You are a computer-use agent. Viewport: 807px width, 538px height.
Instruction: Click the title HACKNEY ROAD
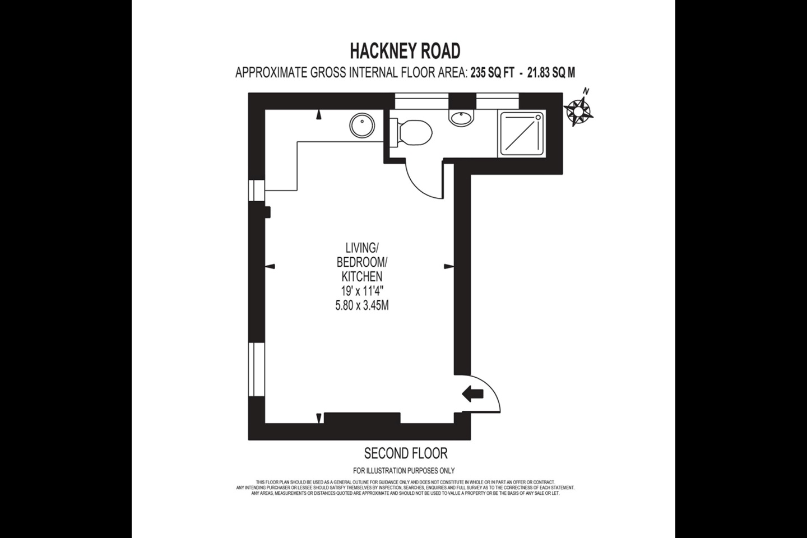tap(405, 51)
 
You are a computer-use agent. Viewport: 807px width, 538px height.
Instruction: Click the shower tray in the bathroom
tap(522, 133)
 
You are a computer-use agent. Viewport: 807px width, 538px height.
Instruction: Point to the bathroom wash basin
tap(461, 117)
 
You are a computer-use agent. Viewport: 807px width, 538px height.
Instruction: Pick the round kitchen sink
tap(362, 124)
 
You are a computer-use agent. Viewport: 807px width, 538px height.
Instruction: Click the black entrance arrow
tap(472, 394)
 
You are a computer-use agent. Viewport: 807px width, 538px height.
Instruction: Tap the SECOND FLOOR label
tap(406, 453)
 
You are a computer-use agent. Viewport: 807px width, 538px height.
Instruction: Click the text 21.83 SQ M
tap(551, 72)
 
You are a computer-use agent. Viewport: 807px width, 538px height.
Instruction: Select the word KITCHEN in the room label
tap(362, 276)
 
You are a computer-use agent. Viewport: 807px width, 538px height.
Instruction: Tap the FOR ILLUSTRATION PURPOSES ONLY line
tap(403, 471)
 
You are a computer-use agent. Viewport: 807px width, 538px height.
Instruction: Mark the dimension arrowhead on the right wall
tap(448, 266)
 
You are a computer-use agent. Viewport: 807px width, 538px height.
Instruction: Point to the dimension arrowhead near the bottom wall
tap(319, 418)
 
